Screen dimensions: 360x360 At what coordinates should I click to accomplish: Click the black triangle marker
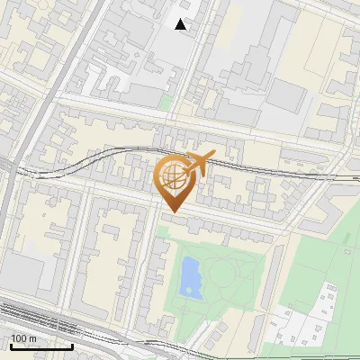pos(182,25)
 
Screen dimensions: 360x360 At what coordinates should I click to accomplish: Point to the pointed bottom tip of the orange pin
pos(171,211)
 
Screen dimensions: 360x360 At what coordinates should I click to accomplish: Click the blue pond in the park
pos(190,276)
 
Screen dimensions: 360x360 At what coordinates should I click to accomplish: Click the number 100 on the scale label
pos(20,339)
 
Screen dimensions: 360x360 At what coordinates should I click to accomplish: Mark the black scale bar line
pos(40,346)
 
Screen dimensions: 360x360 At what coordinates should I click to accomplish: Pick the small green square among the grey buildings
pos(165,102)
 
